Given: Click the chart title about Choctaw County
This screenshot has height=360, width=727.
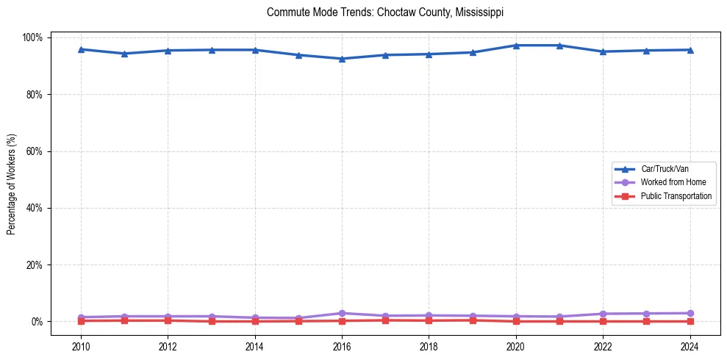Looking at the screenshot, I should pyautogui.click(x=385, y=12).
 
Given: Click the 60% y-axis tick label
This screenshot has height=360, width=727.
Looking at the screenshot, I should pyautogui.click(x=35, y=151).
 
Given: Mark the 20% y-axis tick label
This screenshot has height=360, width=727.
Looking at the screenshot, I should pyautogui.click(x=35, y=264).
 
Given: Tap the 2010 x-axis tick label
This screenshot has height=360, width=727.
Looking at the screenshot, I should pyautogui.click(x=81, y=348).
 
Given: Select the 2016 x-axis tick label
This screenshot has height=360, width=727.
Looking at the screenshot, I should pyautogui.click(x=342, y=348).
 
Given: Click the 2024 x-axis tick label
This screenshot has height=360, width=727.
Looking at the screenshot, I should pyautogui.click(x=690, y=348).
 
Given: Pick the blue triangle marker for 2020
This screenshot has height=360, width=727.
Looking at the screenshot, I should pyautogui.click(x=516, y=46).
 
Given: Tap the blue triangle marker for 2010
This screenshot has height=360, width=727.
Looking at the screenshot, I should pyautogui.click(x=81, y=49).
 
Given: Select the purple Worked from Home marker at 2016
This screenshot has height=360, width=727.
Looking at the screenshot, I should pyautogui.click(x=342, y=313).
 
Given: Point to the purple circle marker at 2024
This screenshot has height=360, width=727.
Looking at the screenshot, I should pyautogui.click(x=690, y=313).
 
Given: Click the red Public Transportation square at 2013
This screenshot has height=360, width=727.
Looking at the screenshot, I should pyautogui.click(x=212, y=321).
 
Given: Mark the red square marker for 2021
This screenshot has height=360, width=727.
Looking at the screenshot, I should pyautogui.click(x=559, y=321).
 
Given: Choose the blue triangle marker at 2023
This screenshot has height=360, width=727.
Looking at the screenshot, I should pyautogui.click(x=646, y=51).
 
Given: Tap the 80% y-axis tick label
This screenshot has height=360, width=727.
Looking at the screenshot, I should pyautogui.click(x=35, y=95).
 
